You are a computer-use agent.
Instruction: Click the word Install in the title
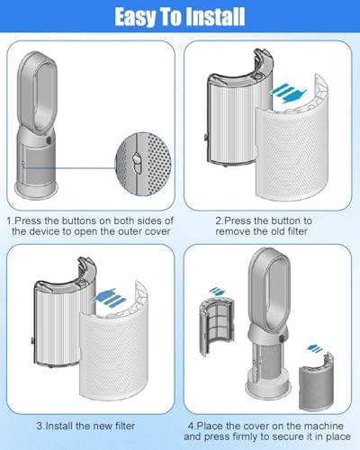(x=216, y=17)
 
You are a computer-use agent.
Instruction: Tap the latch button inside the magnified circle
(x=137, y=163)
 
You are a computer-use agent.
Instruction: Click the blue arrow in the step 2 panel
(x=288, y=94)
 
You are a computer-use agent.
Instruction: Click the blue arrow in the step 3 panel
(x=108, y=298)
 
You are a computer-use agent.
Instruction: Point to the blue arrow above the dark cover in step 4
(x=314, y=348)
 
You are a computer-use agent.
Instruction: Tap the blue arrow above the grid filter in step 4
(x=217, y=291)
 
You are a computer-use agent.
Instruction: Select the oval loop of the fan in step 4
(x=269, y=291)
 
